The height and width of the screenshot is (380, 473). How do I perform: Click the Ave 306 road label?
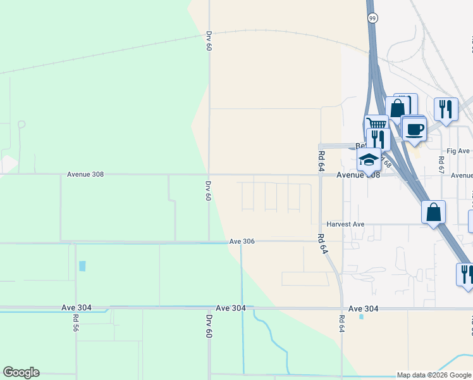click(242, 241)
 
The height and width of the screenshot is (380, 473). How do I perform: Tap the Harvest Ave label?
click(345, 224)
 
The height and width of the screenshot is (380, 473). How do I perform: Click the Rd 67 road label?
click(441, 163)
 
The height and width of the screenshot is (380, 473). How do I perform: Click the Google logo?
click(21, 372)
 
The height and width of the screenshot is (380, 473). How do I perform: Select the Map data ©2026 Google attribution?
click(434, 375)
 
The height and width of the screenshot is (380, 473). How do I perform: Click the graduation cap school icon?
click(369, 159)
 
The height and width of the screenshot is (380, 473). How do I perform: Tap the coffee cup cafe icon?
click(415, 130)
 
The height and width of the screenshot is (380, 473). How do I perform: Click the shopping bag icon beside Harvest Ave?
click(434, 212)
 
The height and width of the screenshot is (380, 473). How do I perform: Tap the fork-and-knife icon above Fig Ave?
click(446, 109)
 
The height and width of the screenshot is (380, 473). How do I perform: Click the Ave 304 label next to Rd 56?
click(77, 308)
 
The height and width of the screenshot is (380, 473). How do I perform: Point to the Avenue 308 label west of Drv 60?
click(85, 174)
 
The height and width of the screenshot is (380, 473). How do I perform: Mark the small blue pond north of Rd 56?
click(82, 266)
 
